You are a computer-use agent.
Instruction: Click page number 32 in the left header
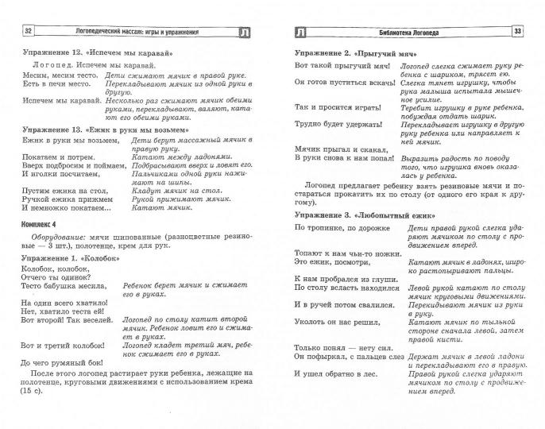click(x=29, y=31)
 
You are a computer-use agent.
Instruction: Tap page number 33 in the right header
click(x=517, y=31)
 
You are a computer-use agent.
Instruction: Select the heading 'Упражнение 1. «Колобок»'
click(x=72, y=259)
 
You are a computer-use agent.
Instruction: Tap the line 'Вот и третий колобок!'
click(x=63, y=346)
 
